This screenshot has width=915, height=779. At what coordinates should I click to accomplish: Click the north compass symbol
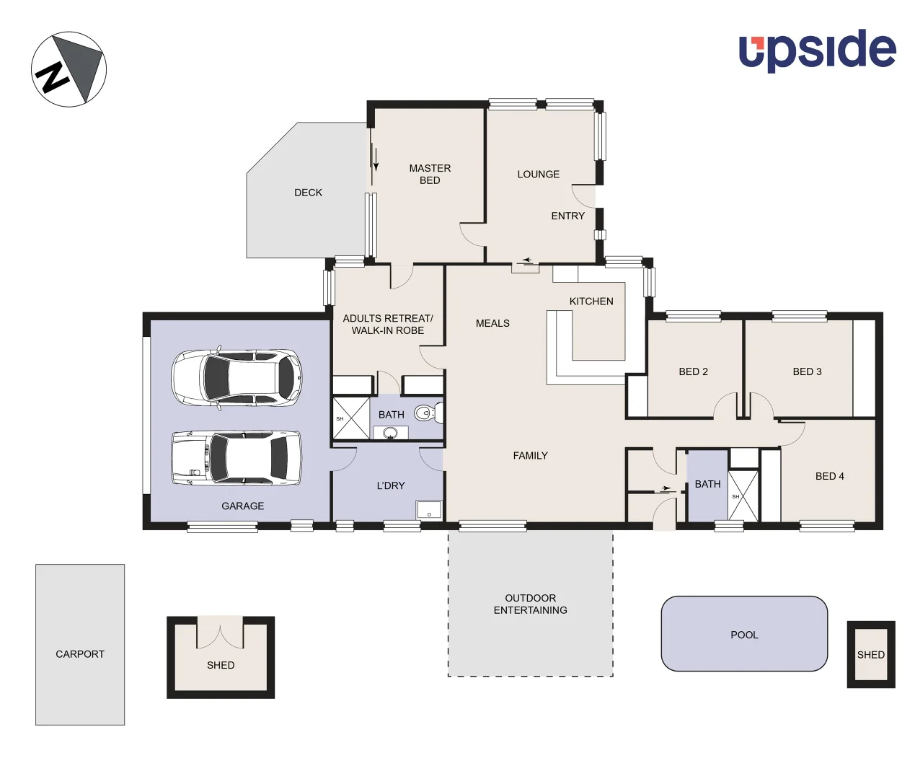click(x=69, y=69)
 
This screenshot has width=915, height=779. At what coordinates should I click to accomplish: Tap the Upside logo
click(x=817, y=50)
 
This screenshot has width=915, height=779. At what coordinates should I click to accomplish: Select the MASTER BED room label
click(x=430, y=174)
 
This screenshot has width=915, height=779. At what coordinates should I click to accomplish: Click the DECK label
click(x=308, y=193)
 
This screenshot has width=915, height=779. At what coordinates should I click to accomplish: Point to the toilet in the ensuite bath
click(x=426, y=413)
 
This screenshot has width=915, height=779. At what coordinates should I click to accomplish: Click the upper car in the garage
click(x=237, y=378)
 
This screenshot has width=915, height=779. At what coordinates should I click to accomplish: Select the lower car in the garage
click(x=237, y=458)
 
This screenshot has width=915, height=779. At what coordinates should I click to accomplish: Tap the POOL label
click(x=744, y=635)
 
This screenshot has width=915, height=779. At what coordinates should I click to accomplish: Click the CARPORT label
click(x=80, y=654)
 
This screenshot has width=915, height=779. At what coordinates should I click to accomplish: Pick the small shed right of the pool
click(x=870, y=654)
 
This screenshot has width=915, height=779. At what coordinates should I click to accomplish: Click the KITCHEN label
click(x=591, y=302)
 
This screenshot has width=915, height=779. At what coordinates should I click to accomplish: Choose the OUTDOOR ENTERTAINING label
click(x=530, y=604)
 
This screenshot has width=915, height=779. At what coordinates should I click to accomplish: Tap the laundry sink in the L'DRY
click(x=428, y=510)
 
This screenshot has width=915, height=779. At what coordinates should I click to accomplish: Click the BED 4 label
click(x=829, y=476)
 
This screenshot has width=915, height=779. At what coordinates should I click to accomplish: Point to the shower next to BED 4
click(x=743, y=496)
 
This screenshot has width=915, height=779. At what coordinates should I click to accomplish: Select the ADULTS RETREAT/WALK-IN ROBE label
click(x=388, y=324)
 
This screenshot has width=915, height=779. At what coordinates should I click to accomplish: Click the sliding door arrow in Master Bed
click(x=375, y=157)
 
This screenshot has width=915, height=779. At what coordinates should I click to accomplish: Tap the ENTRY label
click(x=568, y=216)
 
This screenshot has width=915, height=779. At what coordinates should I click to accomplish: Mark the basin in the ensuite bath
click(x=390, y=433)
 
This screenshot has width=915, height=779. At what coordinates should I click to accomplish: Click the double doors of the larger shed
click(x=220, y=633)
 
